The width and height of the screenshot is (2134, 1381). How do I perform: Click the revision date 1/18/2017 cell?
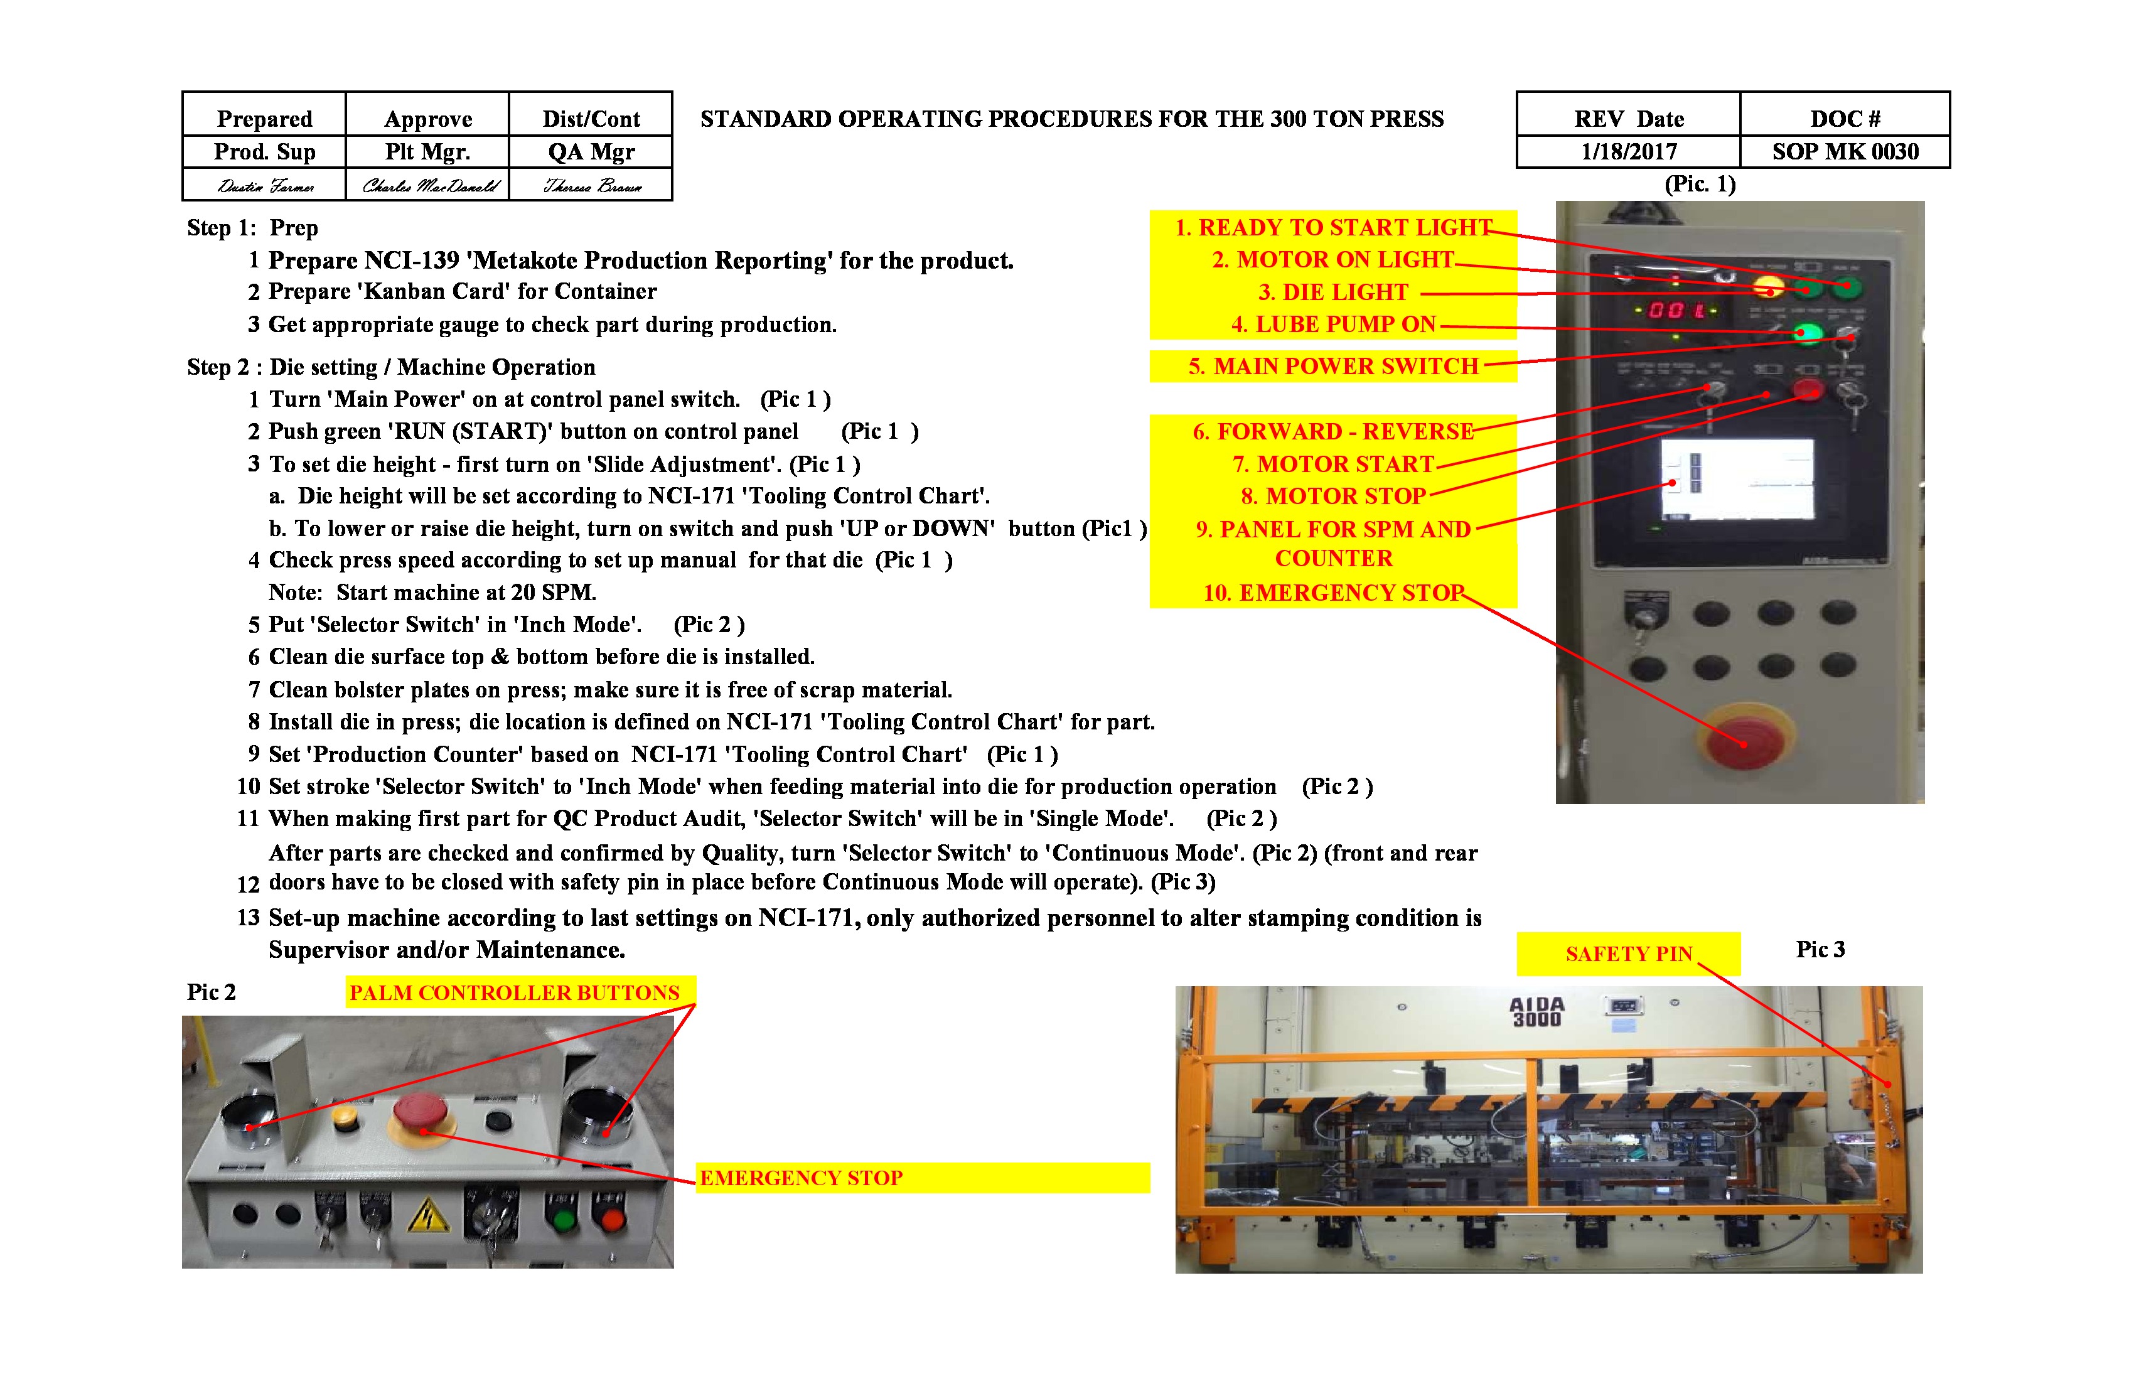[x=1628, y=151]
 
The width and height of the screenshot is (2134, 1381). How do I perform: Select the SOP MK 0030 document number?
[x=1845, y=151]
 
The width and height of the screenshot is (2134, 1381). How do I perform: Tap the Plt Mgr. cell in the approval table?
[x=427, y=151]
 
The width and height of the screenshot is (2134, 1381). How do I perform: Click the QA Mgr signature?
[x=592, y=186]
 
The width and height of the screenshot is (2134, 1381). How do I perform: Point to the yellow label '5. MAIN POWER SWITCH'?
[x=1332, y=366]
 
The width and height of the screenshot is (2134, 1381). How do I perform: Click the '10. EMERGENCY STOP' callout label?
[x=1332, y=593]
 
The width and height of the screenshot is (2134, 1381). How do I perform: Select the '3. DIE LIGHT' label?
[x=1332, y=293]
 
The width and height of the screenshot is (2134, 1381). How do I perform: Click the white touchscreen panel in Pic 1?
[x=1737, y=480]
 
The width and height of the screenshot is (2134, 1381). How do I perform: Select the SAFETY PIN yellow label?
[x=1627, y=954]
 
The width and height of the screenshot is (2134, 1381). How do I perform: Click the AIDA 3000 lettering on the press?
[x=1537, y=1011]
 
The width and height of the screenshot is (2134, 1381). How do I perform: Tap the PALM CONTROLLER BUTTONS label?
[x=515, y=992]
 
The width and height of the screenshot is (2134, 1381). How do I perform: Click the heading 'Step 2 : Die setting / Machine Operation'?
[x=391, y=367]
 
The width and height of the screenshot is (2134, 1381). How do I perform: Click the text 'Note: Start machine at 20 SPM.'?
[x=432, y=593]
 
